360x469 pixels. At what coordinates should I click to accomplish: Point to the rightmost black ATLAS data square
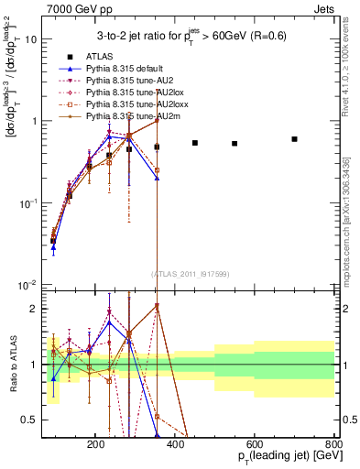coord(294,139)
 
